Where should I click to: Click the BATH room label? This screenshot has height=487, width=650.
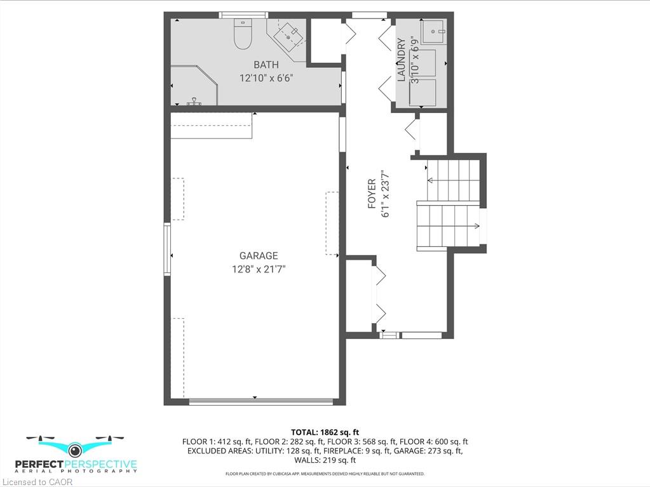point(266,65)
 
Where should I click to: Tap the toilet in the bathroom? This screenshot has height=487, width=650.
point(243,33)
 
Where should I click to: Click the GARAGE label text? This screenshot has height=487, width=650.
point(259,255)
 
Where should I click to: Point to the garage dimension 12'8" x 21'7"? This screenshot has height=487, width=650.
point(259,269)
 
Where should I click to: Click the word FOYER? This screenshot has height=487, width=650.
point(372,194)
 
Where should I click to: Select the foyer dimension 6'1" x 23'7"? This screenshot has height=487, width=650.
point(386,194)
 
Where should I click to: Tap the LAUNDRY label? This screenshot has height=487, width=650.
point(401,60)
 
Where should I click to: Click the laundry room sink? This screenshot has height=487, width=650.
point(433,31)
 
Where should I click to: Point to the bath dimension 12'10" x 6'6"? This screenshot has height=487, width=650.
point(267,78)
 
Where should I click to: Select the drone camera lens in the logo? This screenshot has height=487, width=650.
point(75,450)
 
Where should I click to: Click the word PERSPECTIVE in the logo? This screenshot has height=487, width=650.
point(101,464)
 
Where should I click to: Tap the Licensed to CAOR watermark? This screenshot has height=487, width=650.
point(37,482)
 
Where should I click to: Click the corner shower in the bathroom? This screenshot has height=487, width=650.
point(194,85)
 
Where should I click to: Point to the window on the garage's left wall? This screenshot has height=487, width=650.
point(168,249)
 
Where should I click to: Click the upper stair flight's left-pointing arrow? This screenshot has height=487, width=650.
point(448,180)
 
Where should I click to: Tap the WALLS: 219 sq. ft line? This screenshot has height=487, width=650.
point(325,460)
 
